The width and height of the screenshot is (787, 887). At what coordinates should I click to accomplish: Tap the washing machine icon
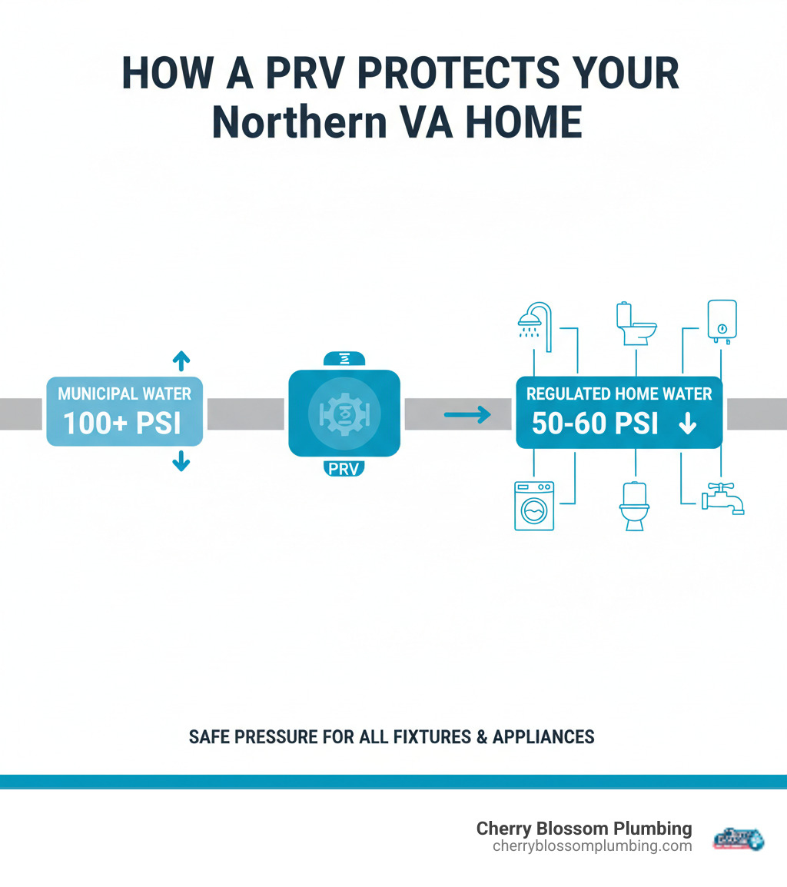533,505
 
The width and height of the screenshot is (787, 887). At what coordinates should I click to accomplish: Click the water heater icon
722,321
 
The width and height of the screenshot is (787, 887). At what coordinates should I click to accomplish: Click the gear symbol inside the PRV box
344,414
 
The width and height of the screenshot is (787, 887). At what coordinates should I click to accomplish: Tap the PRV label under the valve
344,468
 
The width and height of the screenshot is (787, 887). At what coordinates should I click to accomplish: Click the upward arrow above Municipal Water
181,360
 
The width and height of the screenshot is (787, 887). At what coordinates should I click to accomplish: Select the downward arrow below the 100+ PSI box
181,460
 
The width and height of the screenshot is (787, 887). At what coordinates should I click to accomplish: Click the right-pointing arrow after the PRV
467,416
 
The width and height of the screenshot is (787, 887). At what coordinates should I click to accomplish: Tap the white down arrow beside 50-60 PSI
687,424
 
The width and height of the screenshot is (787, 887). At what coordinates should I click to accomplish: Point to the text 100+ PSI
123,424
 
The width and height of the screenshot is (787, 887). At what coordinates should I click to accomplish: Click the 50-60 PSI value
595,424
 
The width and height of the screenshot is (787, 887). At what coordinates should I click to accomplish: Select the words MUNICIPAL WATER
125,394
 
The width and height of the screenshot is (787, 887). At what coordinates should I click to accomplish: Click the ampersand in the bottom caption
481,737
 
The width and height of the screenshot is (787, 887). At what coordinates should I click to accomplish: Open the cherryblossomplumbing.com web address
592,846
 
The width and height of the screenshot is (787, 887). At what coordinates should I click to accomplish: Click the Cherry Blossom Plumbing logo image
739,838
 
